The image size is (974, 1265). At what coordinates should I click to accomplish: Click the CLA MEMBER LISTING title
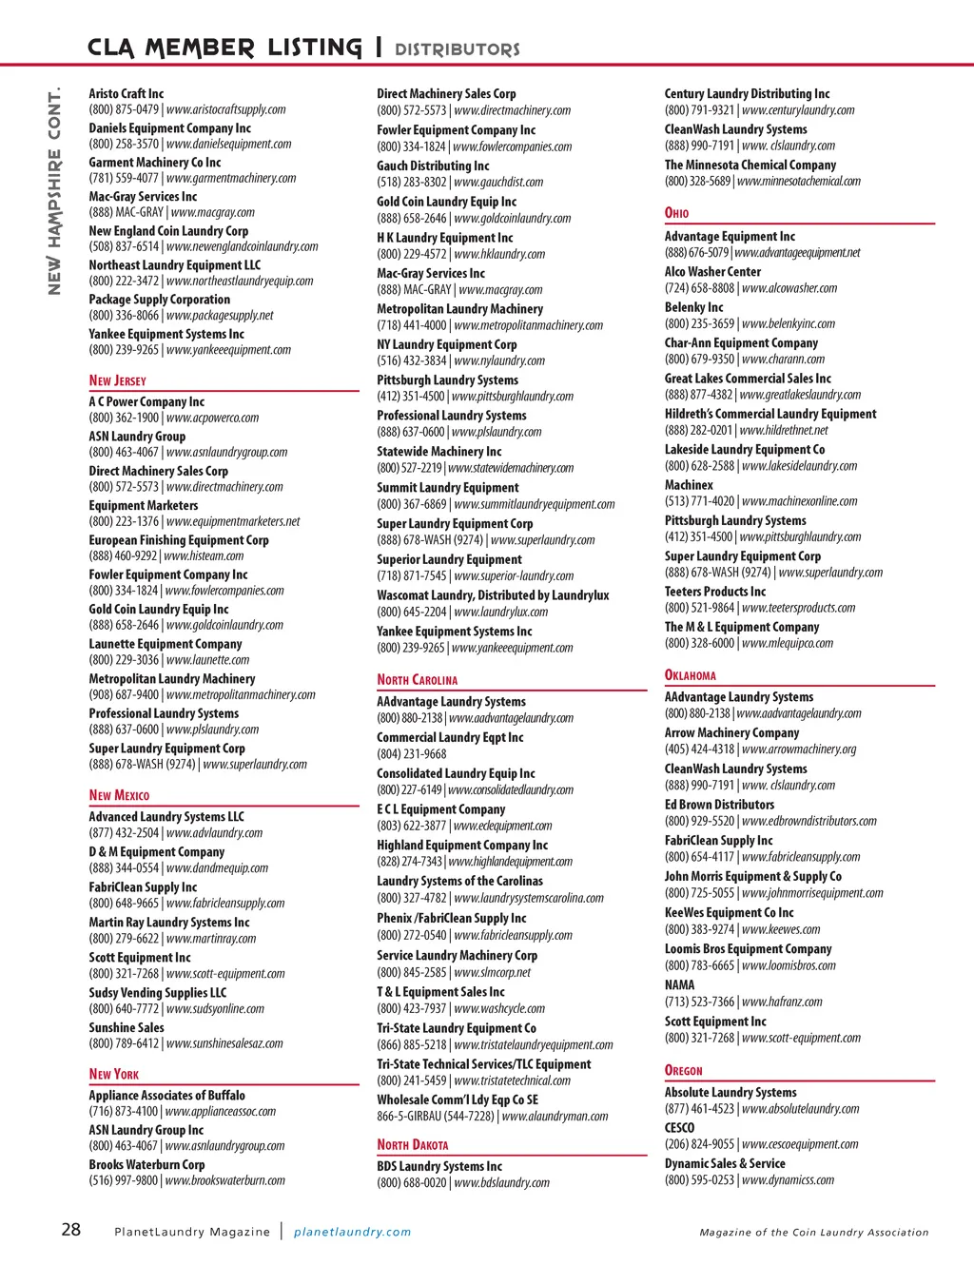[x=224, y=48]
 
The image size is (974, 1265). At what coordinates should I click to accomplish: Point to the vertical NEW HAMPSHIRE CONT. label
[x=54, y=190]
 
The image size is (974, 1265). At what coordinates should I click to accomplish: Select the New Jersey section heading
[x=118, y=380]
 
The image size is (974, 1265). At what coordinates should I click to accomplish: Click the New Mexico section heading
[x=119, y=795]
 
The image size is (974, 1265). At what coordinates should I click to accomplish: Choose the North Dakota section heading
[x=412, y=1144]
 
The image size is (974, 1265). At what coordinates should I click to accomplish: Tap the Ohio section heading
[x=676, y=213]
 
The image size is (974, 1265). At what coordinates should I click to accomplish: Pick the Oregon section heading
[x=683, y=1070]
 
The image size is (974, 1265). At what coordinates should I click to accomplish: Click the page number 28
[x=71, y=1230]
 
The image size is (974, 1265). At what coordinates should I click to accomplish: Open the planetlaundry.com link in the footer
[x=352, y=1232]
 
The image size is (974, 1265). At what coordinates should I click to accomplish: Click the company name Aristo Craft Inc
[x=127, y=93]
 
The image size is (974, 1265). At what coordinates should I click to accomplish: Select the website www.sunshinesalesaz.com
[x=224, y=1043]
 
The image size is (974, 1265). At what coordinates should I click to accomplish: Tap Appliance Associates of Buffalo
[x=167, y=1095]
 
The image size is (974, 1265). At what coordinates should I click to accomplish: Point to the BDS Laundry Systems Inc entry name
[x=439, y=1166]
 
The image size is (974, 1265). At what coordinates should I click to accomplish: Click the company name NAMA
[x=679, y=984]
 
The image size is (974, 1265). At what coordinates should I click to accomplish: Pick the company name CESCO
[x=679, y=1127]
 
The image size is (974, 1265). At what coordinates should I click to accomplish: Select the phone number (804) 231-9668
[x=412, y=753]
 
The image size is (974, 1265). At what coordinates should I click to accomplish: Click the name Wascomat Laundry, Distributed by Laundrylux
[x=493, y=595]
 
